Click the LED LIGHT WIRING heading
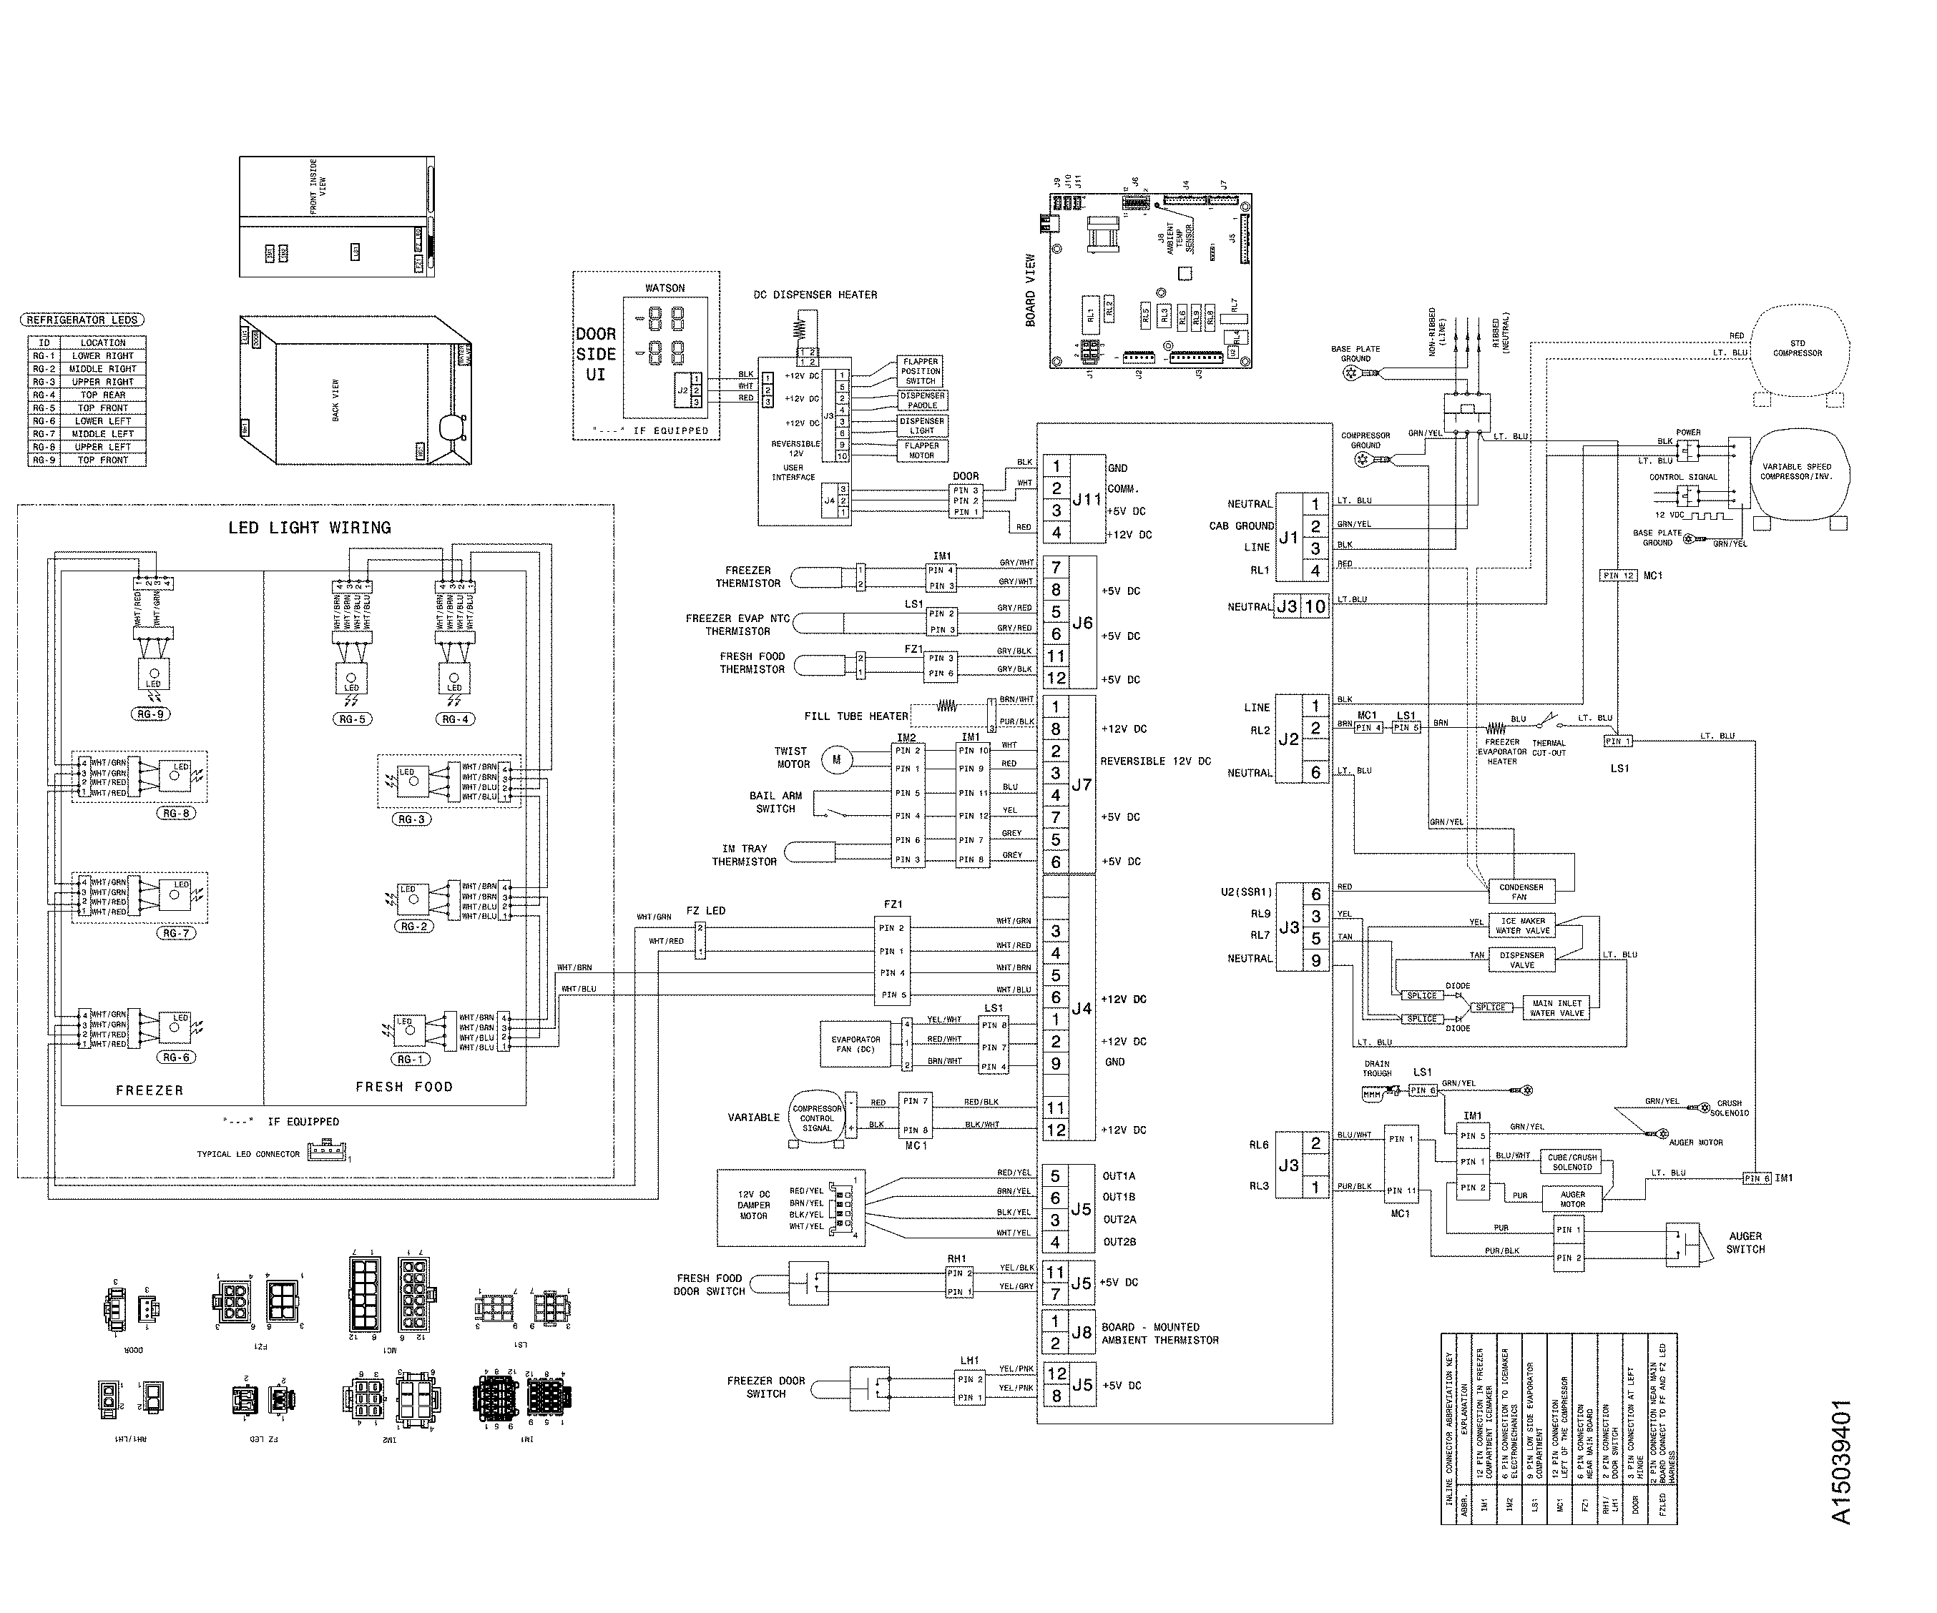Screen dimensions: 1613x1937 point(309,528)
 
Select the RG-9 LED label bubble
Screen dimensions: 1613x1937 point(149,714)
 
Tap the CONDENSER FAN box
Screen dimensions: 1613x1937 point(1521,891)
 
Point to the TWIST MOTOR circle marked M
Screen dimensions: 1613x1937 point(837,760)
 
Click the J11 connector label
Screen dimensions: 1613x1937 point(1087,500)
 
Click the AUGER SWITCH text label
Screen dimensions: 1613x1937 point(1745,1242)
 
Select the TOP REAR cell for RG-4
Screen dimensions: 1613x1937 point(102,395)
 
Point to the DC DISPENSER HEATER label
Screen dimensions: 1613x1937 point(815,295)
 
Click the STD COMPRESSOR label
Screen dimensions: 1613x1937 point(1797,347)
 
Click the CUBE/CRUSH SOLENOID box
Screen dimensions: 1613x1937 point(1571,1162)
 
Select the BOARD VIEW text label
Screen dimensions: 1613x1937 point(1030,290)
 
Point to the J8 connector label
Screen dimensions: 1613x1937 point(1081,1333)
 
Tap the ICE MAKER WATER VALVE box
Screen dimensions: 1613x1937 point(1523,926)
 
